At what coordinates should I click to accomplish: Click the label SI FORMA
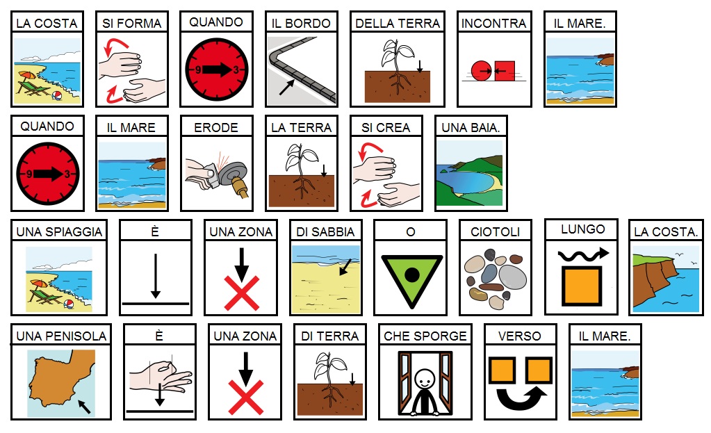point(131,23)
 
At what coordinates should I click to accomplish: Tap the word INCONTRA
point(493,23)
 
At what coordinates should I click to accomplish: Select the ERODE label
point(216,127)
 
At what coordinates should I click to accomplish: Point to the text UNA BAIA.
point(471,127)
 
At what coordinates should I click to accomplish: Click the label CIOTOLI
point(495,231)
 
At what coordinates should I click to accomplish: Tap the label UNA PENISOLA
point(61,336)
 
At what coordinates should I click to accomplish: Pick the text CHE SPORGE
point(425,336)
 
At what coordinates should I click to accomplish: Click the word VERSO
point(520,336)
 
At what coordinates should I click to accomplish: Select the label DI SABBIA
point(325,231)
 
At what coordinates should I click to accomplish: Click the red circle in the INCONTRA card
point(481,71)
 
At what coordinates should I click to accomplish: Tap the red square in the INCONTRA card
point(505,71)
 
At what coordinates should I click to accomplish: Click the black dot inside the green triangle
point(411,275)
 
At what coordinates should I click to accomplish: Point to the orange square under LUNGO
point(582,286)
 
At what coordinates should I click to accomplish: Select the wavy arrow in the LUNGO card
point(583,254)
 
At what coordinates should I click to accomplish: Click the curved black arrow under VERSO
point(522,398)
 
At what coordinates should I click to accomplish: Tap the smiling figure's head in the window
point(425,379)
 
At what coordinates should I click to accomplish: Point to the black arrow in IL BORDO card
point(287,88)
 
